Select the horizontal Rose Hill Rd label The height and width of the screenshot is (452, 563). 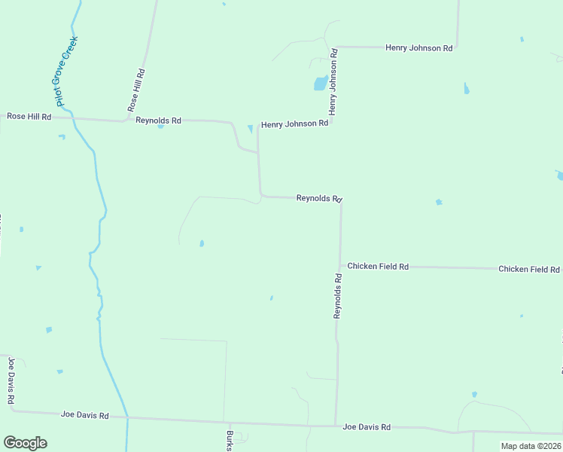pyautogui.click(x=29, y=117)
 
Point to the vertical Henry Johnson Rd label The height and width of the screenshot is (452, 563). pyautogui.click(x=332, y=83)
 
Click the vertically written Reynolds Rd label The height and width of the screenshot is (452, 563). pyautogui.click(x=338, y=295)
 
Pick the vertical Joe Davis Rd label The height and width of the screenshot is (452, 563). pyautogui.click(x=11, y=382)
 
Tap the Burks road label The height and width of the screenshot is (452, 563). pyautogui.click(x=230, y=441)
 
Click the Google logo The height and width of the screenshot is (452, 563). pyautogui.click(x=25, y=443)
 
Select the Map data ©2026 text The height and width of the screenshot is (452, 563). pyautogui.click(x=531, y=446)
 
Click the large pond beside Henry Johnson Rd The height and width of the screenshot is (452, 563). pyautogui.click(x=320, y=82)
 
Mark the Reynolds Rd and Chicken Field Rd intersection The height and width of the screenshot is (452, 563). pyautogui.click(x=340, y=266)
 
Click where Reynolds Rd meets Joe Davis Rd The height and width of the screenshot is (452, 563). pyautogui.click(x=335, y=426)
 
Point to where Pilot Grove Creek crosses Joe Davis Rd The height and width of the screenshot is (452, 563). pyautogui.click(x=127, y=417)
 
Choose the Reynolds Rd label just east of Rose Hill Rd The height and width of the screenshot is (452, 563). pyautogui.click(x=158, y=121)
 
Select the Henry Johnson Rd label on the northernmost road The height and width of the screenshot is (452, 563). pyautogui.click(x=418, y=47)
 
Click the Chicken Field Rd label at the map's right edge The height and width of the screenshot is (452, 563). pyautogui.click(x=529, y=269)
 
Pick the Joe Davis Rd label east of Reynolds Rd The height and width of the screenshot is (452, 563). pyautogui.click(x=367, y=427)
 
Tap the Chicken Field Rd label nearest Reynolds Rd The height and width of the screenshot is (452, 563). pyautogui.click(x=378, y=267)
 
